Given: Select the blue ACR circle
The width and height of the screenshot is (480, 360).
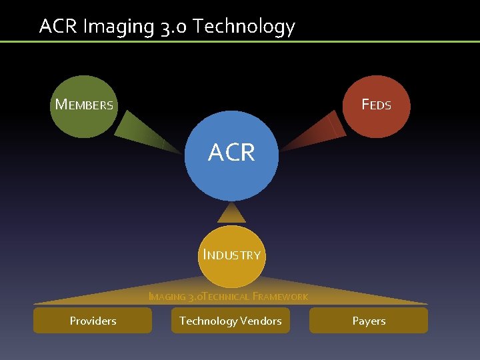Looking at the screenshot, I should coord(231,155).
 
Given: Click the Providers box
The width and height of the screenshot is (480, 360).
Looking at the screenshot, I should coord(93,321).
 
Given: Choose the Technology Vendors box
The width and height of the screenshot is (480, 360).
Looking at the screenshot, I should coord(230,321).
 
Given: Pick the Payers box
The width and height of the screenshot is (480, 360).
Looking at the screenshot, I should coord(369,321).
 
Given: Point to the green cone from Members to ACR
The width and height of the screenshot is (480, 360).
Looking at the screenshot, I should coord(148,131).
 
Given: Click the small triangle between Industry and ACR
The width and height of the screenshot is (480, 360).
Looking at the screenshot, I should coord(231,213).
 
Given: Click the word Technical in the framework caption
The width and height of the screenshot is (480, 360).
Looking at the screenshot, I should coord(225,297).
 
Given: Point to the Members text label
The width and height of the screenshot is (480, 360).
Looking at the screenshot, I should coord(84,105).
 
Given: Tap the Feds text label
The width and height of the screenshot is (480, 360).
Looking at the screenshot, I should coord(376,105).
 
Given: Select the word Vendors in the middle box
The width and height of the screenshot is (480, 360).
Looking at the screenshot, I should coord(260,321).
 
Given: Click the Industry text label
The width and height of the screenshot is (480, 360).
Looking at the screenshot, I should coord(231,255).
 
